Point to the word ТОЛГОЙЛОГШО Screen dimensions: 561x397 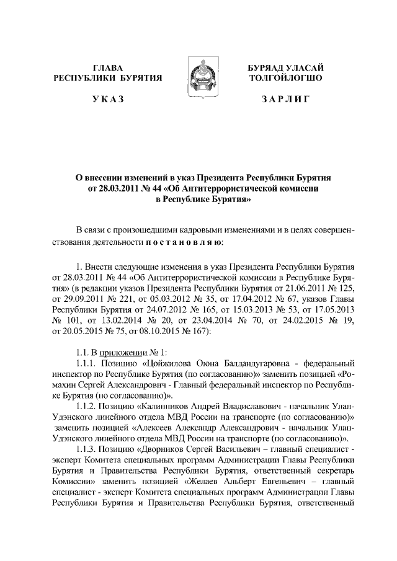point(285,78)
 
